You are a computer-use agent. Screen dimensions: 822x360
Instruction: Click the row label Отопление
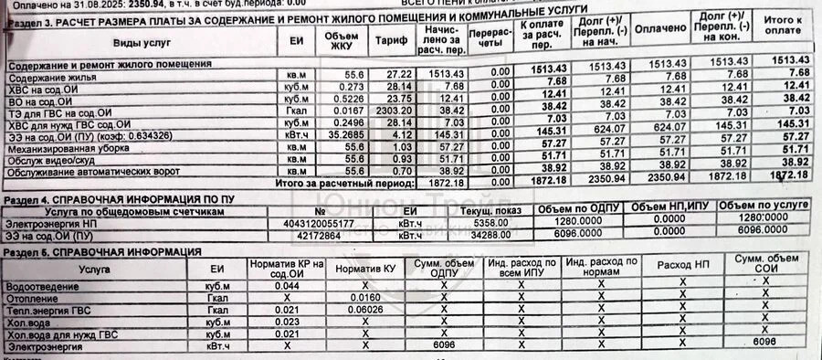point(32,297)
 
